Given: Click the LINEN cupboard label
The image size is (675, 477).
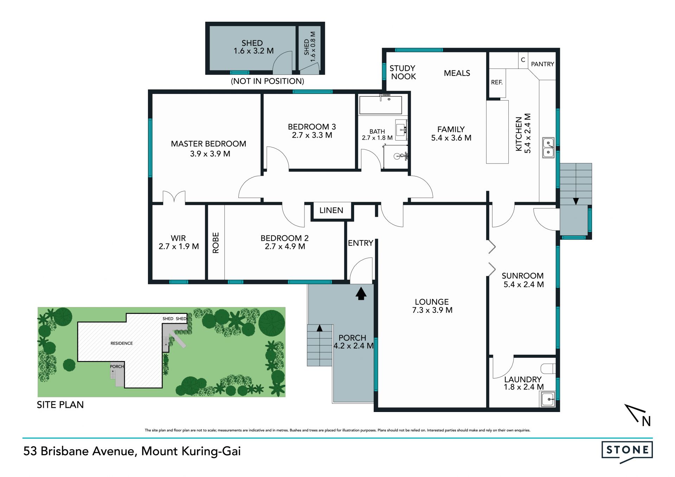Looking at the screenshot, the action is tap(331, 210).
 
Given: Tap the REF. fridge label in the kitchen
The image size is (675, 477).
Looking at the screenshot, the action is tap(497, 82).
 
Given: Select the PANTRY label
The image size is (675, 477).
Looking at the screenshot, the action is tap(542, 64).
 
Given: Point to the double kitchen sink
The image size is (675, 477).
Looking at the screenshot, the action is tap(548, 148).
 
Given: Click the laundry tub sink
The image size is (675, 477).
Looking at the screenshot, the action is tap(548, 399).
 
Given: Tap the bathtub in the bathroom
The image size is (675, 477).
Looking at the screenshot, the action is tap(380, 105).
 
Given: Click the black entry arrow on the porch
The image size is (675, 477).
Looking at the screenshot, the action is tap(361, 294).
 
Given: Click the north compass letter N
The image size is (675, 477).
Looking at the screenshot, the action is tap(646, 421).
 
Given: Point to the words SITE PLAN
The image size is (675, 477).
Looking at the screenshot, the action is tap(60, 405).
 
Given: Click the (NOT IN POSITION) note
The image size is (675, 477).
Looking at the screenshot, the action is tap(268, 81).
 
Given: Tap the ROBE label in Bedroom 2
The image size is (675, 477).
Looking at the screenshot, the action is tap(216, 243).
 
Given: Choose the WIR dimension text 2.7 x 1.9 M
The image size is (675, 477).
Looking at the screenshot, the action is tap(179, 246).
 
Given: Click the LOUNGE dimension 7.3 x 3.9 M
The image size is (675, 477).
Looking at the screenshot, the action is tap(432, 310).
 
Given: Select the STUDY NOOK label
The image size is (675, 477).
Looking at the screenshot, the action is tap(403, 72).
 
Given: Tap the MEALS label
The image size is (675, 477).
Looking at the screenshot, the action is tap(457, 73).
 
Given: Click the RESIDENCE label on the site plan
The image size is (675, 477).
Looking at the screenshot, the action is tap(122, 343).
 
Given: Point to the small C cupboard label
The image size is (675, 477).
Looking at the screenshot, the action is tap(523, 60).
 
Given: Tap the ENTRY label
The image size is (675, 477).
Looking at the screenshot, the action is tap(360, 243).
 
